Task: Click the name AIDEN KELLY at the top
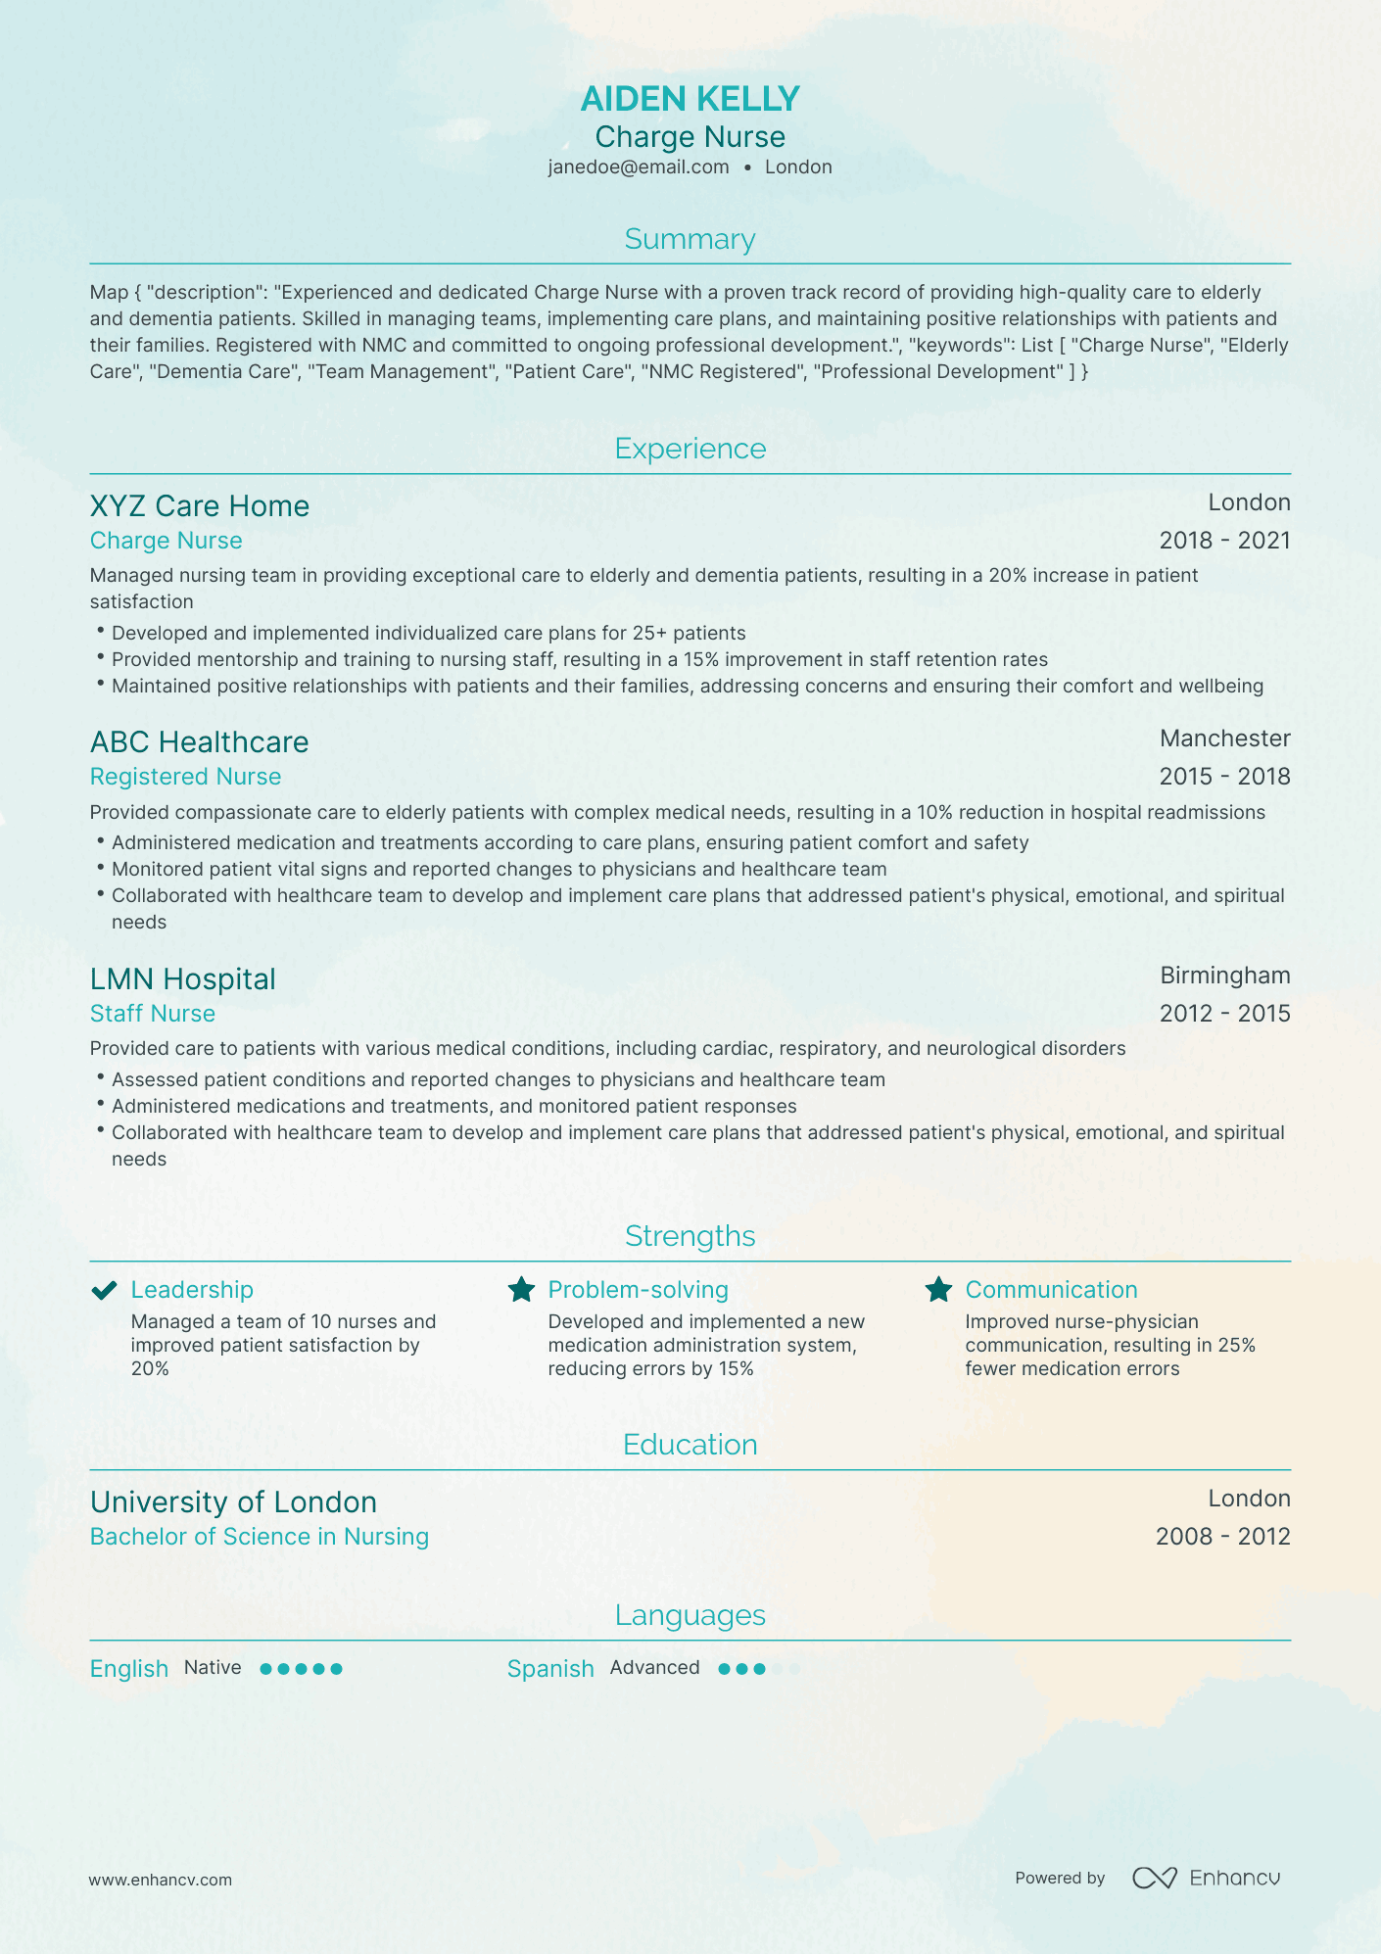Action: (690, 99)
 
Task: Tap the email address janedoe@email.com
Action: (639, 167)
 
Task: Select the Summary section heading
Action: (690, 240)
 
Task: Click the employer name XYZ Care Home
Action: (199, 506)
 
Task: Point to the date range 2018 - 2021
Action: (1224, 541)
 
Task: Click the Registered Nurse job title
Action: (185, 777)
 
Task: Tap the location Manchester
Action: (1224, 739)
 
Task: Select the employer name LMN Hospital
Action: (182, 979)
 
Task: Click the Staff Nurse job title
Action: (152, 1014)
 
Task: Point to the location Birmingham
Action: (1224, 976)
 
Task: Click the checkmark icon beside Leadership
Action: (104, 1290)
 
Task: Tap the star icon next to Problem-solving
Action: (521, 1290)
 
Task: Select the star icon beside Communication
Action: (938, 1290)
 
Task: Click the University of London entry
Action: (233, 1502)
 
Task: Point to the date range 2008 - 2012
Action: (1222, 1537)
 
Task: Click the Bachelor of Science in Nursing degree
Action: (259, 1537)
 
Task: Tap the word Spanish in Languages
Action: (550, 1669)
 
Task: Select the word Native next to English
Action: (213, 1668)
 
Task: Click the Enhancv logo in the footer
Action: (1206, 1878)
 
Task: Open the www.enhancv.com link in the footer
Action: (160, 1880)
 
